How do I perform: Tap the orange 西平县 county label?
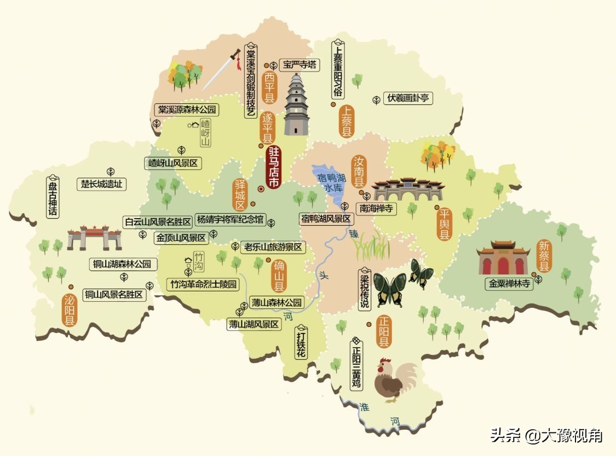point(269,87)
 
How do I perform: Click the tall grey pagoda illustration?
point(296,105)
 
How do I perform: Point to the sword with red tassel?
point(221,70)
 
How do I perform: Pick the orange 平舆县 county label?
point(444,223)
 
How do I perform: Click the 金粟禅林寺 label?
point(509,284)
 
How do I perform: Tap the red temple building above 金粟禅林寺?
point(503,258)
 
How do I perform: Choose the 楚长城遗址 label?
point(102,184)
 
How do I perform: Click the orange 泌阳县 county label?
point(70,310)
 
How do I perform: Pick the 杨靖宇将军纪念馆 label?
point(229,221)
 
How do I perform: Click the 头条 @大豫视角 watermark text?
point(546,435)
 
